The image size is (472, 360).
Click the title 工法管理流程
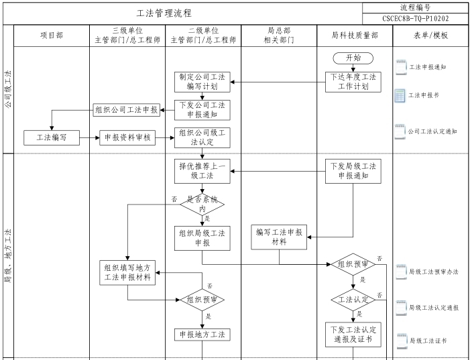(164, 13)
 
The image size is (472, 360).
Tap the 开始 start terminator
(353, 58)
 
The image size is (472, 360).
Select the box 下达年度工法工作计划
(353, 82)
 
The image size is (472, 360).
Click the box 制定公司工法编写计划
(202, 82)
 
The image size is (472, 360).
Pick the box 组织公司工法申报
(127, 110)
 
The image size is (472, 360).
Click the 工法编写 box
(51, 137)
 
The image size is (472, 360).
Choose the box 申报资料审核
(127, 137)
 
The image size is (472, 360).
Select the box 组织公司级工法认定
(202, 137)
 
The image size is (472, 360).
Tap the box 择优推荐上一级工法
(202, 170)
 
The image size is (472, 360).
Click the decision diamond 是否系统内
(202, 204)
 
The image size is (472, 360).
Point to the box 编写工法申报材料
(279, 237)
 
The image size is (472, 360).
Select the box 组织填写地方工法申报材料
(127, 272)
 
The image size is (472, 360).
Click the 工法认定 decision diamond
(353, 298)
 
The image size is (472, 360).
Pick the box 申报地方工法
(202, 334)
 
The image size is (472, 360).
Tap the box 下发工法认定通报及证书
(353, 335)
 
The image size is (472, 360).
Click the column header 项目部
(51, 36)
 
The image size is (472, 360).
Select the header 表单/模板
(431, 36)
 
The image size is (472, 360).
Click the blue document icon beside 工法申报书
(400, 96)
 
